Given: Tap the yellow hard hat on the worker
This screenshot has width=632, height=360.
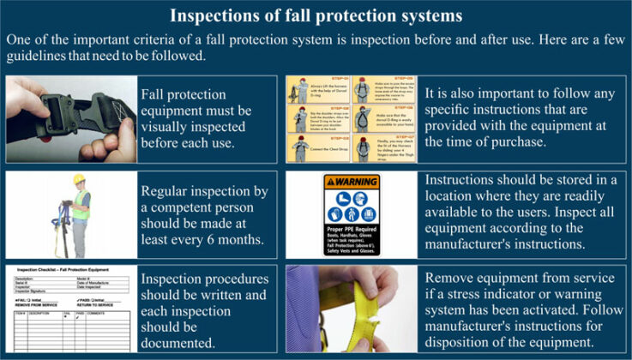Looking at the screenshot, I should pos(79,180).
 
